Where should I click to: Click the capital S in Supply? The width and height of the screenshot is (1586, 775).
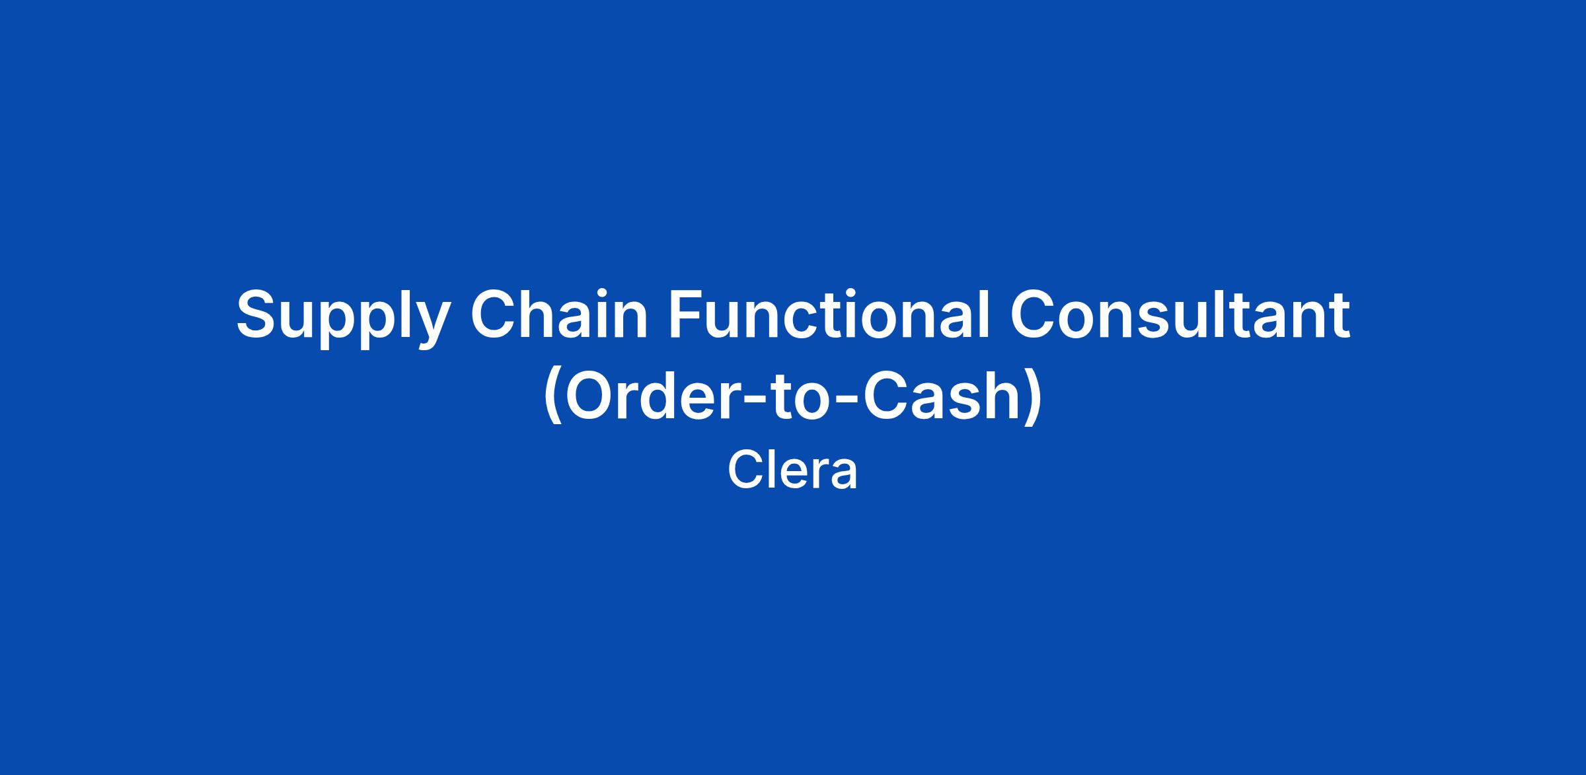click(255, 314)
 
